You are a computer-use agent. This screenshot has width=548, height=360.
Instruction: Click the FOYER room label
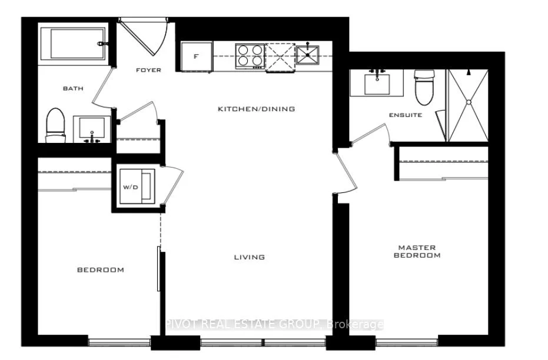(148, 70)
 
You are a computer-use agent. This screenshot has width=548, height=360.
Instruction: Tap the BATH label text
(73, 89)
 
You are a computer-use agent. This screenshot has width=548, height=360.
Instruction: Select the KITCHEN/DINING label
(257, 109)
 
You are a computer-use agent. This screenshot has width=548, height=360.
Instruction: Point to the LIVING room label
(249, 257)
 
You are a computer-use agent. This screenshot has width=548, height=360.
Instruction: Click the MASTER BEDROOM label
(417, 251)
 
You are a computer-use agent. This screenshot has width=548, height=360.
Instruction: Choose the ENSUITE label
(406, 115)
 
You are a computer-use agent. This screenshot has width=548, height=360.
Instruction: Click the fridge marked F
(197, 56)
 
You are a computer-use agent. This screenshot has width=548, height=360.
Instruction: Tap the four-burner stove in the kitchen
(250, 56)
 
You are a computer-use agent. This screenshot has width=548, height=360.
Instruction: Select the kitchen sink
(307, 55)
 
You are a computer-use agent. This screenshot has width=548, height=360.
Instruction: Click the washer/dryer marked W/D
(137, 186)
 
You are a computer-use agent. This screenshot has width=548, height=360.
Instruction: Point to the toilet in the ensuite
(424, 87)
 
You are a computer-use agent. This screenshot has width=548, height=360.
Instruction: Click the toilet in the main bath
(56, 125)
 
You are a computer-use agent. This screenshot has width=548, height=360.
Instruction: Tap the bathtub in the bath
(73, 44)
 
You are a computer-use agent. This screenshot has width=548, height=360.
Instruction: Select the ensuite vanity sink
(377, 83)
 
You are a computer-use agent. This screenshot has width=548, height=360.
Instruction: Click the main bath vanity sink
(92, 129)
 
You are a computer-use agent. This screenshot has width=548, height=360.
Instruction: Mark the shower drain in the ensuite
(469, 102)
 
